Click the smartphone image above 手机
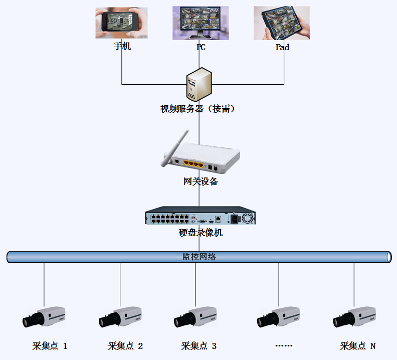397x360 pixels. (x=121, y=23)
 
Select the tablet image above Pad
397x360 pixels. (x=282, y=23)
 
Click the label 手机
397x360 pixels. (x=122, y=47)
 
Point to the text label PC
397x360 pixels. (x=201, y=48)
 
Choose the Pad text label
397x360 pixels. (x=282, y=47)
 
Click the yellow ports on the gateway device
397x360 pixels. (x=193, y=163)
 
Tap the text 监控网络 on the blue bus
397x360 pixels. (x=199, y=257)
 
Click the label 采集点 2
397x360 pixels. (x=126, y=346)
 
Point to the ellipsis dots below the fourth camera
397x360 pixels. (x=284, y=346)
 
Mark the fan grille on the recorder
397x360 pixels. (x=249, y=219)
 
